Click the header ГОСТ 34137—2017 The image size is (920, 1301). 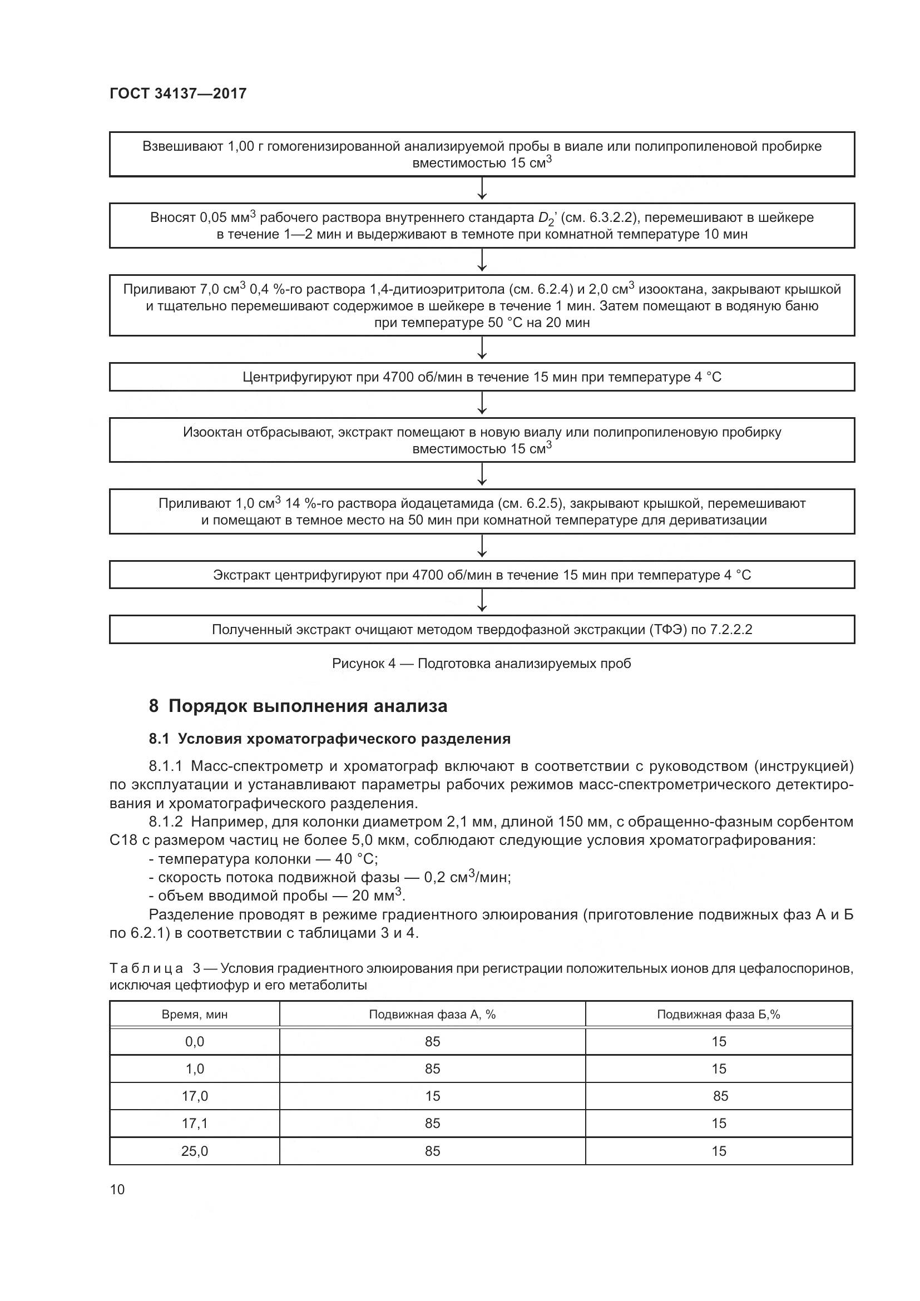(178, 93)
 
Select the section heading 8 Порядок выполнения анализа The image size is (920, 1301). (298, 706)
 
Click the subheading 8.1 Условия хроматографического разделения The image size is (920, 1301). (330, 739)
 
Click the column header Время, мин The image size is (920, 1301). (194, 1015)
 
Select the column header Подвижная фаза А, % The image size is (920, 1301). (432, 1015)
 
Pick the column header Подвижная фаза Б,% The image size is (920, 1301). (718, 1015)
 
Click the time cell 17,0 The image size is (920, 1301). (194, 1096)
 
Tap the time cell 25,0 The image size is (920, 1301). (194, 1150)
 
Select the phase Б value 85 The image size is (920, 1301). (720, 1096)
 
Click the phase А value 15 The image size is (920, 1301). (432, 1096)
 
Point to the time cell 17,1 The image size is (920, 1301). (194, 1123)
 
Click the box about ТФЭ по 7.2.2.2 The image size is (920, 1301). (482, 630)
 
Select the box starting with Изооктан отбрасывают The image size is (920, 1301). (482, 441)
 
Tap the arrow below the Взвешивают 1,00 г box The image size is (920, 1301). (482, 189)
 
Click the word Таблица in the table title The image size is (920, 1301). (146, 968)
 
